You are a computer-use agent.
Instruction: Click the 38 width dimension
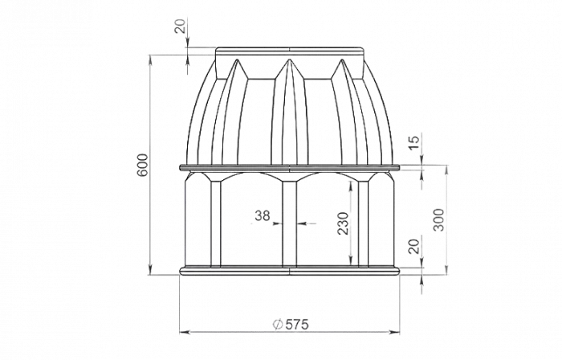(x=262, y=215)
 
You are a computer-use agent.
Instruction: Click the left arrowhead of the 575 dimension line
(x=180, y=331)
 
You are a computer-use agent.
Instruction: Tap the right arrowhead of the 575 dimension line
(x=400, y=331)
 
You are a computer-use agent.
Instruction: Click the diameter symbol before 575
(x=275, y=325)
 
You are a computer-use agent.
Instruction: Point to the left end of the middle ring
(x=180, y=167)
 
